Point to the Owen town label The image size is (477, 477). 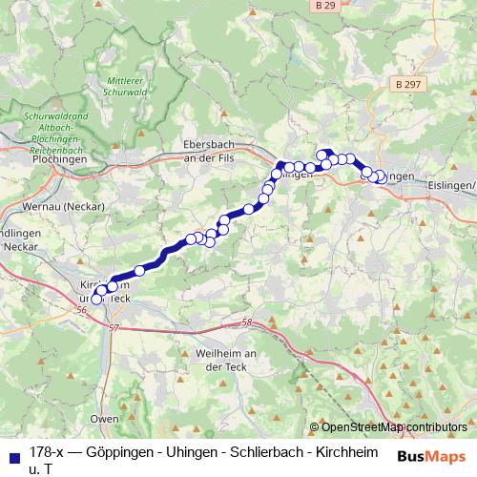(105, 419)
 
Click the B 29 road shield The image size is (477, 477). (324, 6)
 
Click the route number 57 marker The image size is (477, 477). (115, 327)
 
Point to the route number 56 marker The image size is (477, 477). (80, 310)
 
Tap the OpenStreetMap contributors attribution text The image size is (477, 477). (394, 427)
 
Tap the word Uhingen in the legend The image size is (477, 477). (196, 452)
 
